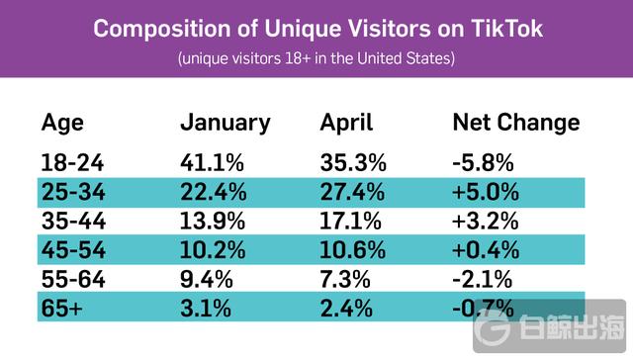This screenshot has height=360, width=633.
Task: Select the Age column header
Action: click(x=62, y=124)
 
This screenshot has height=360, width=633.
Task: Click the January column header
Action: click(x=225, y=124)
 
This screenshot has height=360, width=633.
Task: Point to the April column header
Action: click(x=346, y=124)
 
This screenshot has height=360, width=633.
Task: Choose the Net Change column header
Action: click(x=515, y=124)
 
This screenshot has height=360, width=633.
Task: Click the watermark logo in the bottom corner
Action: click(x=495, y=326)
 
